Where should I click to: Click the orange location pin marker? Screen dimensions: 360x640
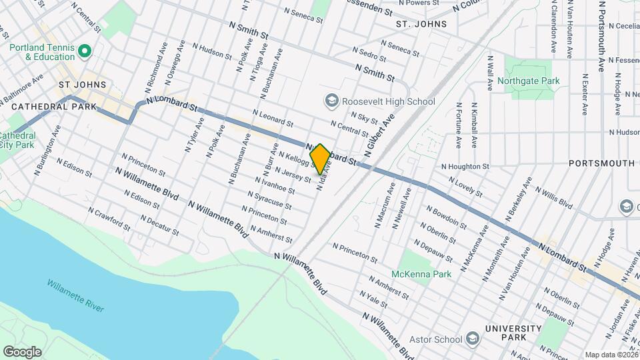click(320, 159)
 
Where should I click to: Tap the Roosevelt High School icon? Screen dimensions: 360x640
click(331, 101)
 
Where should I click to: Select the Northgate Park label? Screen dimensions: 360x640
click(532, 81)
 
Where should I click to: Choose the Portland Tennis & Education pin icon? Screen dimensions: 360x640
click(84, 51)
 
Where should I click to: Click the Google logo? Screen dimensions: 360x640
click(22, 351)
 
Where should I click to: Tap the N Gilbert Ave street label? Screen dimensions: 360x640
click(380, 132)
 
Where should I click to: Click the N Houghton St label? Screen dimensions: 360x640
click(465, 166)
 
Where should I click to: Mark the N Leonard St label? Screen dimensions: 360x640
click(273, 119)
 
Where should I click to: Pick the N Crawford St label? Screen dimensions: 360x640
click(110, 218)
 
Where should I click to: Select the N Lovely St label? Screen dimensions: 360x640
click(465, 187)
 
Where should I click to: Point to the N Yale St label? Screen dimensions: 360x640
click(373, 298)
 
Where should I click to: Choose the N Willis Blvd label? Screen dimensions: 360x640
click(553, 199)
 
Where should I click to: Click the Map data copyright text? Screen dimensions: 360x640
click(611, 355)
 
